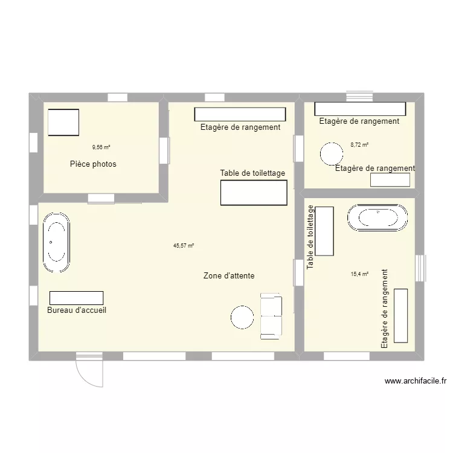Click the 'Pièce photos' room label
pos(93,164)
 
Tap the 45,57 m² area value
pos(184,246)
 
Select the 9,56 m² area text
pos(101,147)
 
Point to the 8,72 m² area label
pos(359,145)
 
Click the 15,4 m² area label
pos(359,274)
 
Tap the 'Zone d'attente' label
pos(229,275)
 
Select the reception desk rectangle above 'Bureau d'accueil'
pos(76,298)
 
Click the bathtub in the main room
pos(56,242)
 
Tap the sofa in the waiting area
pos(271,316)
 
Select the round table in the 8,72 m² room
pos(331,153)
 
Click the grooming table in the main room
pos(253,193)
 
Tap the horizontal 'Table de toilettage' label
pos(252,173)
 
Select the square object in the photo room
pos(63,123)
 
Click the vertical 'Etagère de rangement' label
pos(384,309)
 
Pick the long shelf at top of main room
pos(240,114)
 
